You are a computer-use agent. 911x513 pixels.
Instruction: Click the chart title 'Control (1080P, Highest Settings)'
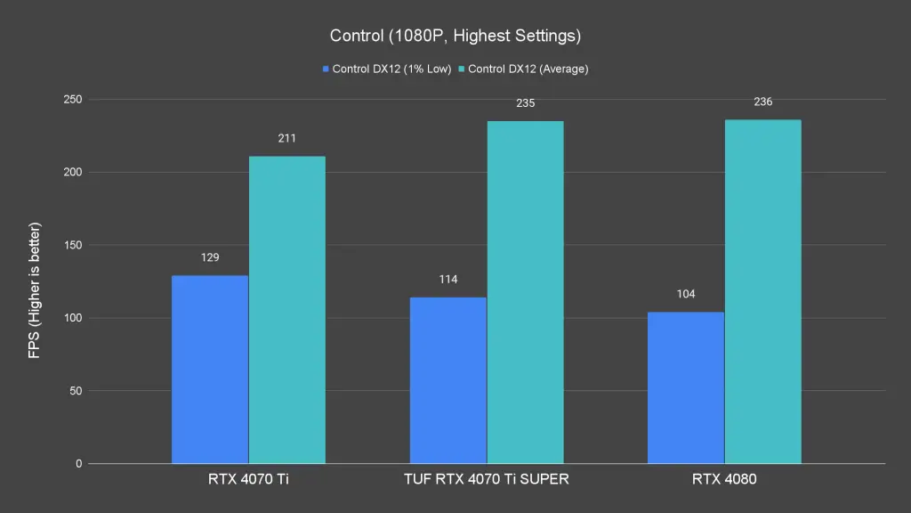pyautogui.click(x=455, y=36)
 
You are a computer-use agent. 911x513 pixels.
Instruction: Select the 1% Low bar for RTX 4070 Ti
pyautogui.click(x=210, y=370)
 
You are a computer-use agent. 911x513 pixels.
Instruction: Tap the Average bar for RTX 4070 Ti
pyautogui.click(x=286, y=310)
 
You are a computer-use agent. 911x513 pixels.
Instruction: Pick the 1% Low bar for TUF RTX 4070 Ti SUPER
pyautogui.click(x=447, y=380)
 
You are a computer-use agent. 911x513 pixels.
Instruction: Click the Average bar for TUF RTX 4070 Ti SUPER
pyautogui.click(x=525, y=292)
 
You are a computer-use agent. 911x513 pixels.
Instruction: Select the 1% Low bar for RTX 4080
pyautogui.click(x=686, y=387)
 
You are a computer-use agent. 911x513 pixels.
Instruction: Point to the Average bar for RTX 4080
pyautogui.click(x=762, y=291)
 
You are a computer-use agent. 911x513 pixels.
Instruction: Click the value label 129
pyautogui.click(x=210, y=257)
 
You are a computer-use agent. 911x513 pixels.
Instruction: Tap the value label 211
pyautogui.click(x=286, y=138)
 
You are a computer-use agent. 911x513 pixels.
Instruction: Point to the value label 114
pyautogui.click(x=447, y=280)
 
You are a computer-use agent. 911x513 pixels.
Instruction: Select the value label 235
pyautogui.click(x=525, y=103)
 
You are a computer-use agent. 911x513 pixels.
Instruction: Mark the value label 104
pyautogui.click(x=686, y=294)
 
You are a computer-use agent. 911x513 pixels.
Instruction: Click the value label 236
pyautogui.click(x=762, y=102)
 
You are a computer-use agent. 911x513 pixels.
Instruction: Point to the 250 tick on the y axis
pyautogui.click(x=72, y=99)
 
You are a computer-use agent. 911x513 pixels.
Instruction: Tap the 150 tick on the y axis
pyautogui.click(x=72, y=245)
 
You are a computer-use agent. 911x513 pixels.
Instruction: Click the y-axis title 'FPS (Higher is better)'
pyautogui.click(x=35, y=290)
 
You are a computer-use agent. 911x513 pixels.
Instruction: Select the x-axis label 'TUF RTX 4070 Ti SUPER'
pyautogui.click(x=486, y=479)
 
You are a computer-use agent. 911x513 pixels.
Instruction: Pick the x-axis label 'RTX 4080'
pyautogui.click(x=724, y=479)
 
